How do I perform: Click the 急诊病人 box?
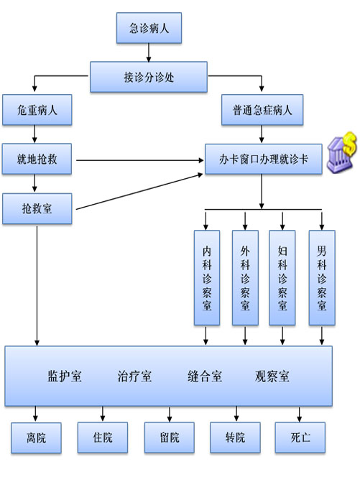coord(149,28)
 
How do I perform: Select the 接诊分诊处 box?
coord(149,77)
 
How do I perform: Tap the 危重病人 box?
coord(37,110)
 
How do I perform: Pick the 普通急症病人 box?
coord(262,110)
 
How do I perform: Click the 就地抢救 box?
coord(37,159)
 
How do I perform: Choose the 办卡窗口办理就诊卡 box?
coord(263,159)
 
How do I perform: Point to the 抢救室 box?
coord(37,208)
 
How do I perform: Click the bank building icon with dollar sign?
coord(341,152)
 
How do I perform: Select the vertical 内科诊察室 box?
coord(207,278)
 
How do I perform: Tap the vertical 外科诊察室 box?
coord(245,278)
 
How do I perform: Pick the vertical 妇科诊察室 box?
coord(282,278)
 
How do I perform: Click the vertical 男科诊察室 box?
coord(322,278)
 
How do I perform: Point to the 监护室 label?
coord(65,376)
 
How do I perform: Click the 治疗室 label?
coord(134,376)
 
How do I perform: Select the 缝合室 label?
coord(205,376)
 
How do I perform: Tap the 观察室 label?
coord(272,376)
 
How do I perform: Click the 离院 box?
coord(36,438)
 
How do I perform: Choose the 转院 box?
coord(235,437)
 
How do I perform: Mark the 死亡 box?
coord(300,437)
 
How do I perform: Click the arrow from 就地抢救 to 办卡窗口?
coord(139,160)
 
